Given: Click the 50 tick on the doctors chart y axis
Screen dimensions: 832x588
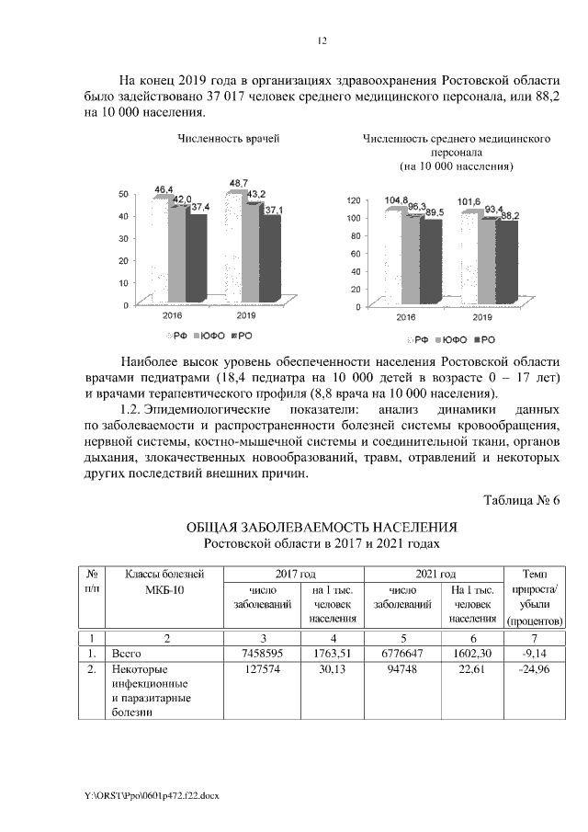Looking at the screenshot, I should pos(123,195).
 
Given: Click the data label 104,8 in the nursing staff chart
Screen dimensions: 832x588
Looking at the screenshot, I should pos(397,200).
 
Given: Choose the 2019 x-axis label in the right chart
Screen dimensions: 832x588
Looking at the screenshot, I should pos(482,318).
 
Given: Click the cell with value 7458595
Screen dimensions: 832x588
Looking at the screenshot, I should pos(261,653).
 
